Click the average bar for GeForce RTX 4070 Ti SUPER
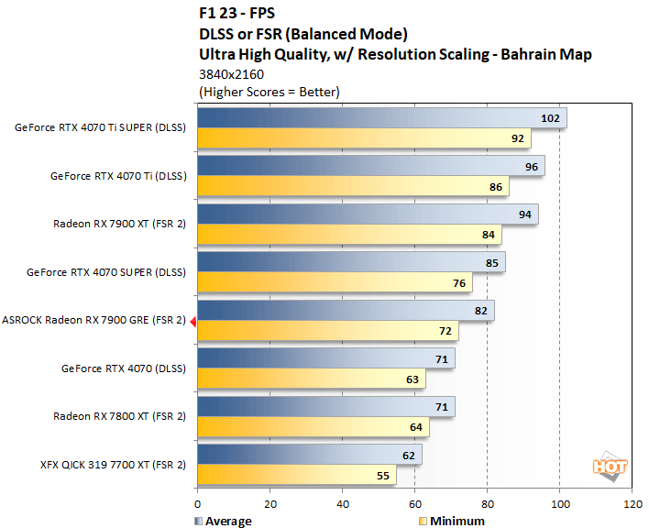click(x=381, y=118)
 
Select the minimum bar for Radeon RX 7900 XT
click(x=348, y=236)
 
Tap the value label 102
click(x=551, y=118)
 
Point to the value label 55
click(x=381, y=477)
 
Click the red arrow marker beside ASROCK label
click(x=192, y=321)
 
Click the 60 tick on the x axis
click(x=414, y=503)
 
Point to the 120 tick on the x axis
click(x=632, y=503)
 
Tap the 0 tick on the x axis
click(x=197, y=503)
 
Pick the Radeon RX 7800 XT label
click(x=120, y=416)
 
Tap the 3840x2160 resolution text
click(x=230, y=74)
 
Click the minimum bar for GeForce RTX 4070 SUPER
click(x=334, y=283)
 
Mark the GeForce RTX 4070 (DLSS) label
click(x=124, y=368)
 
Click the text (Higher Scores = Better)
click(x=269, y=91)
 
